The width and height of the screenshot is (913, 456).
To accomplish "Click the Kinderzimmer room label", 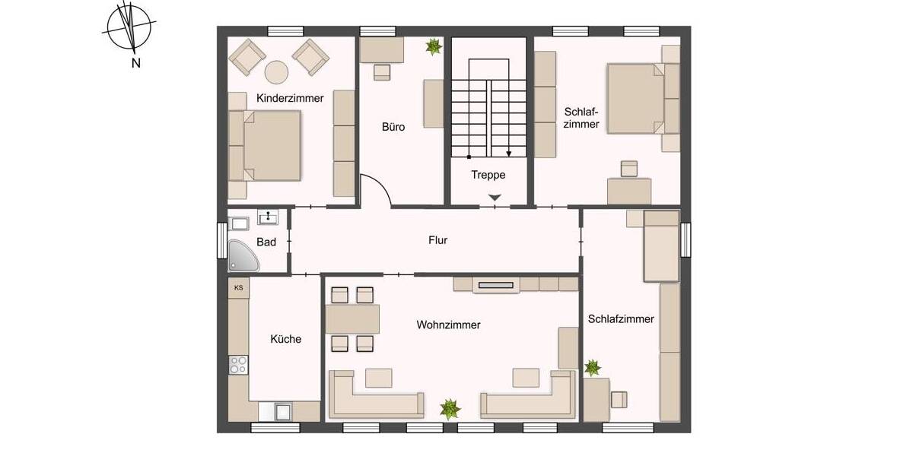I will point(290,98).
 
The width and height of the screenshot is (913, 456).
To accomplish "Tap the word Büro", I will point(393,127).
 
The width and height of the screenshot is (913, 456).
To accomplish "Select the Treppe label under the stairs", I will point(488,175).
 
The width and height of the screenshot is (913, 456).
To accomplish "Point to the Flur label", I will point(437,240).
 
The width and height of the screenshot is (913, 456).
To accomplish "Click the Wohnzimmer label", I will point(448,325).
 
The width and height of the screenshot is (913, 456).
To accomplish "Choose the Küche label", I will point(286,339).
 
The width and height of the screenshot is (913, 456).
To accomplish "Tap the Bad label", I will point(266,242).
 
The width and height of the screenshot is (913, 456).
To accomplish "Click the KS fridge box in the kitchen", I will point(238,288).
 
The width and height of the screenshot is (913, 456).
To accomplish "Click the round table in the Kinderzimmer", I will point(277,72).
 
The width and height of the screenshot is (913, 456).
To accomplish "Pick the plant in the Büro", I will point(434,47).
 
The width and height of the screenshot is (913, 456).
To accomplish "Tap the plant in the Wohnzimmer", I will point(450,409).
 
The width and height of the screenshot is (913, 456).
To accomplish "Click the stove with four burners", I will point(239,365).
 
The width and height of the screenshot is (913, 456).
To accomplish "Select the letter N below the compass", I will point(136,64).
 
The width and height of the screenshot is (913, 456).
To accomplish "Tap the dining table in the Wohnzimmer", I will point(352,319).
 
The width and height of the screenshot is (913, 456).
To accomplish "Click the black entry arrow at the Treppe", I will point(495,198).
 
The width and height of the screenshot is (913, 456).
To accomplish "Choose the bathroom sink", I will point(268,218).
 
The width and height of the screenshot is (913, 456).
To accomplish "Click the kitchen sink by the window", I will point(283,412).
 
